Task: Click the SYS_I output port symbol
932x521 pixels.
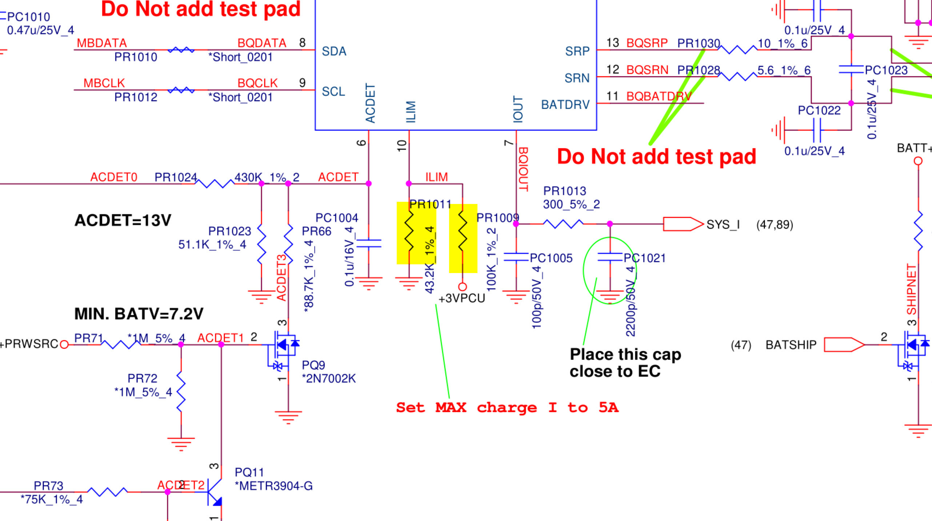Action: tap(683, 224)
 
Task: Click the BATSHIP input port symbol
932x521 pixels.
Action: tap(844, 344)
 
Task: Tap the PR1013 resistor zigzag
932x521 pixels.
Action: tap(563, 224)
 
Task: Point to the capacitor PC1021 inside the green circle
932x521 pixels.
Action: tap(610, 257)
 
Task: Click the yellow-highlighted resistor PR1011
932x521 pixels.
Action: tap(409, 233)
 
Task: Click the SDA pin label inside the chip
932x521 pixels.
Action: tap(334, 51)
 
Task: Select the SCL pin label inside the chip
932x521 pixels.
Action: tap(333, 91)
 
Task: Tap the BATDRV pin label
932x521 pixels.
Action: tap(565, 105)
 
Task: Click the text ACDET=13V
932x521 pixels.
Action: tap(123, 220)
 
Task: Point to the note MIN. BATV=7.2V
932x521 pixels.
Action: tap(139, 314)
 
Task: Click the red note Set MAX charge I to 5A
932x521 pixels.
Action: tap(507, 408)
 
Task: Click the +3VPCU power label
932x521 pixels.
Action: tap(462, 298)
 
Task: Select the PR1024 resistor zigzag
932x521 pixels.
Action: tap(215, 184)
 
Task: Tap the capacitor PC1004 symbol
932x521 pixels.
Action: tap(369, 244)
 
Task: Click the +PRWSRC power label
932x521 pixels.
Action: tap(29, 344)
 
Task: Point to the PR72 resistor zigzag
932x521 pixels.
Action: tap(181, 392)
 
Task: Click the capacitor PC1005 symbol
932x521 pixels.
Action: tap(516, 257)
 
